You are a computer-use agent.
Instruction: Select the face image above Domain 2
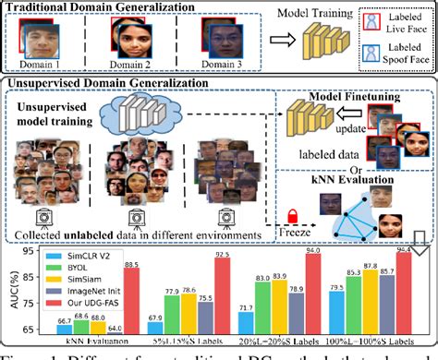125,35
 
